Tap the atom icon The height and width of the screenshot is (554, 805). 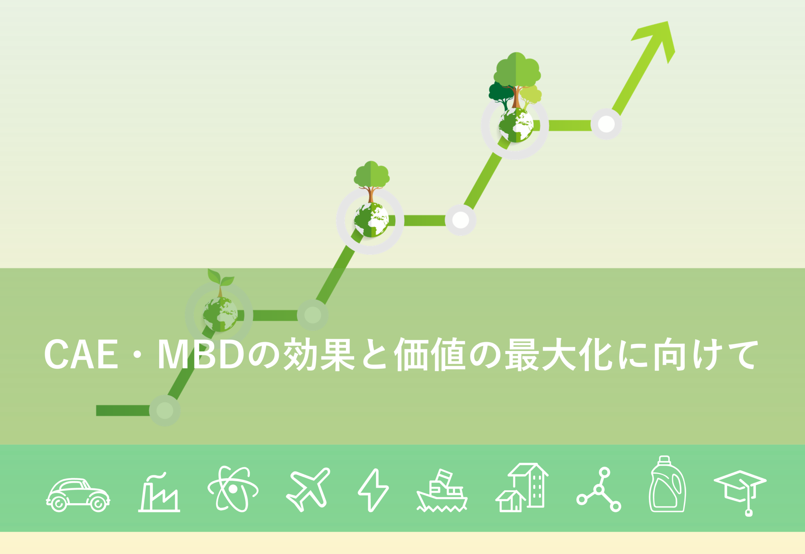pos(233,489)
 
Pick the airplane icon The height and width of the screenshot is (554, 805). pos(308,489)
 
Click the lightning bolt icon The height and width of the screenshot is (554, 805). pos(373,490)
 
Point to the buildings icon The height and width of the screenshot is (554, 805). pos(522,488)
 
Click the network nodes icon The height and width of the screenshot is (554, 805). pos(599,489)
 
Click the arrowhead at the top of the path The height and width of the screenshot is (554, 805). pos(658,37)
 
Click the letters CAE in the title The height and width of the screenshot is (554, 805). pos(81,355)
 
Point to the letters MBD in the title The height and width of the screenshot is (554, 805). pos(201,355)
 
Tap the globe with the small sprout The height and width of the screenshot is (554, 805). pos(220,314)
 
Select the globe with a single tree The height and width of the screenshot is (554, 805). pos(371,220)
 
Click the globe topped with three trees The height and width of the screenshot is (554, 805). pos(516,125)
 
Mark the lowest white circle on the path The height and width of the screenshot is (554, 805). pos(165,410)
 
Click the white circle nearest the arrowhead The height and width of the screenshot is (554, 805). pos(606,124)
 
